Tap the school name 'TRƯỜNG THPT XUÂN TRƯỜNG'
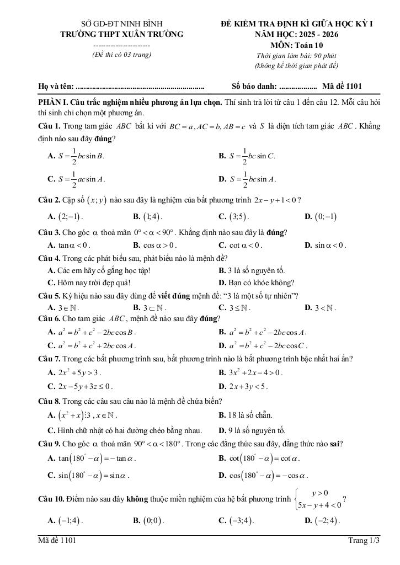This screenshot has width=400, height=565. (x=122, y=34)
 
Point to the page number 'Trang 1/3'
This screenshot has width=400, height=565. (x=364, y=541)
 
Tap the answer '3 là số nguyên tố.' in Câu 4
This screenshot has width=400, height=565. (x=252, y=270)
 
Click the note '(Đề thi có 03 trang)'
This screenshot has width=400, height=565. (x=121, y=55)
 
